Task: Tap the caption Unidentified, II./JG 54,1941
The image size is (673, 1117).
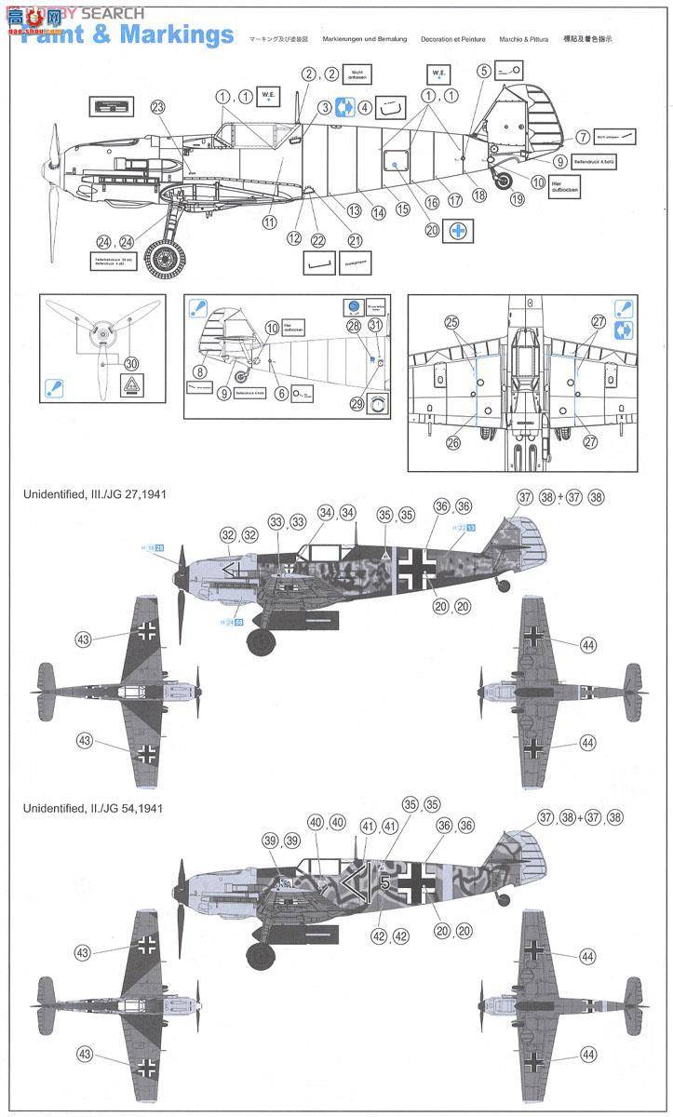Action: coord(93,807)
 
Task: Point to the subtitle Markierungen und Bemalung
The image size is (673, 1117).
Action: coord(362,40)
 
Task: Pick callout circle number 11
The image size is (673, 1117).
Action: coord(270,222)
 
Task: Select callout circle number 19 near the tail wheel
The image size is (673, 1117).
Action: coord(517,199)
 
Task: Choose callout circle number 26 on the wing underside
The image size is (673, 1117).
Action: coord(453,442)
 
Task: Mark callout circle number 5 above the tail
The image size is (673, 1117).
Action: coord(484,70)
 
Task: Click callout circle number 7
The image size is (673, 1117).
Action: coord(582,137)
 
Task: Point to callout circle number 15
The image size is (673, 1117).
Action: coord(402,209)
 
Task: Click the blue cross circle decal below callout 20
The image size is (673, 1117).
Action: coord(458,230)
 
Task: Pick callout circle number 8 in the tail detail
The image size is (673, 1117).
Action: coord(199,370)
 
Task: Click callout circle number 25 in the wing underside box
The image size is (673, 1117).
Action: coord(451,322)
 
